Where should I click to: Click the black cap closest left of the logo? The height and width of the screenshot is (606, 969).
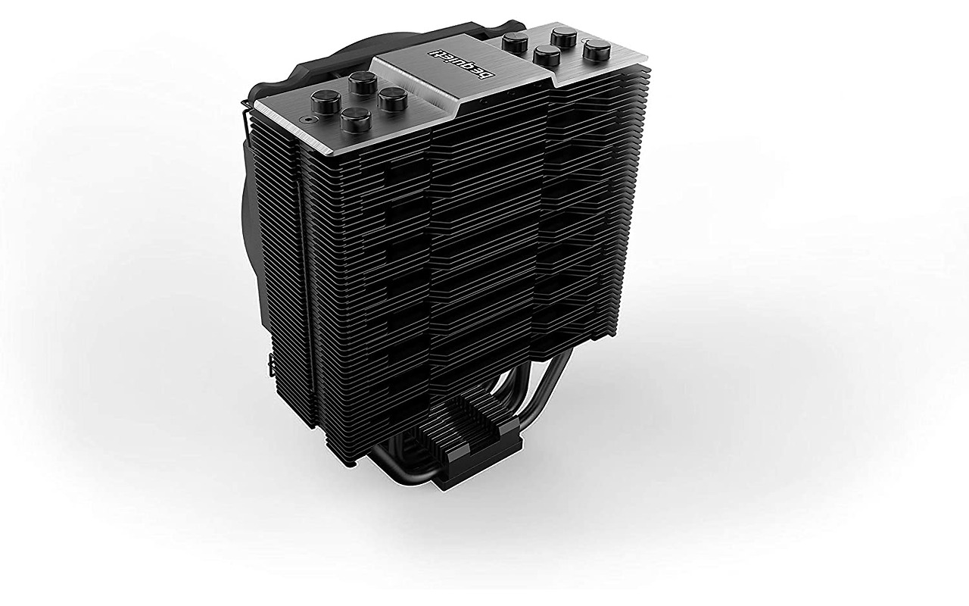[393, 98]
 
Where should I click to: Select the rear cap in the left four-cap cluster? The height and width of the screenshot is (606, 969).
[362, 80]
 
